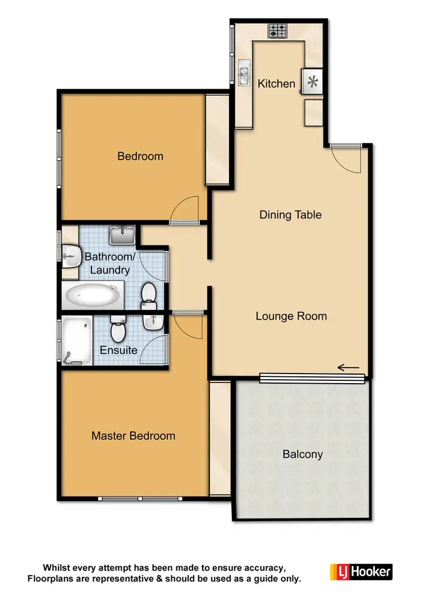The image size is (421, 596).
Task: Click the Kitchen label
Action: pos(276,84)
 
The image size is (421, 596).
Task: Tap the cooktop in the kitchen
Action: pos(277,30)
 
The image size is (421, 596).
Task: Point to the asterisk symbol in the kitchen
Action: pos(313,83)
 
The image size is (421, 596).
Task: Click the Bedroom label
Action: pos(140,156)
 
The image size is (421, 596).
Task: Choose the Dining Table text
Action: pos(290,215)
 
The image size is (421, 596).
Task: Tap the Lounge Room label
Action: pos(291,316)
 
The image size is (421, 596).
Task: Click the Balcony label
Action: pos(303,454)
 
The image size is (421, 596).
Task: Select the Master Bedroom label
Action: pos(133,436)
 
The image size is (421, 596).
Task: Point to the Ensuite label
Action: pos(118,350)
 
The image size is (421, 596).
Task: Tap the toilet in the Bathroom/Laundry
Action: pos(149,296)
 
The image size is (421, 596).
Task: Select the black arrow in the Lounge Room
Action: pos(348,368)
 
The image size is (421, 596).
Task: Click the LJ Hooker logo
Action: pos(360,572)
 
